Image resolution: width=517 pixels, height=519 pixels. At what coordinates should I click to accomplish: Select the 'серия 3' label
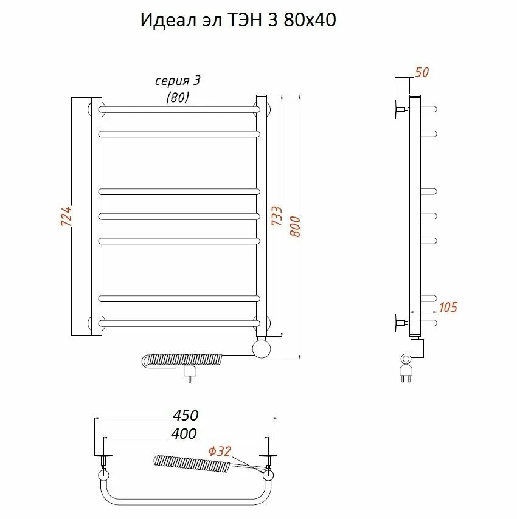(x=178, y=81)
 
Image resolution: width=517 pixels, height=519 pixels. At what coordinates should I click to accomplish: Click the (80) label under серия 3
(x=178, y=97)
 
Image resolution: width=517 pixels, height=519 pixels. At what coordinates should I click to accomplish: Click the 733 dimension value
(x=277, y=217)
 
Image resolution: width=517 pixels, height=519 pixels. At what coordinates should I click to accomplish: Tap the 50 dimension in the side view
(x=422, y=72)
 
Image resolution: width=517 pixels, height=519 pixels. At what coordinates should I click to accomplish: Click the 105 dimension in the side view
(x=448, y=308)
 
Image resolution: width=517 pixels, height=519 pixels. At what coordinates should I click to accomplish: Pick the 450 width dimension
(x=186, y=416)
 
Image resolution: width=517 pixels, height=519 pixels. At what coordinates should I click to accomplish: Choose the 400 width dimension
(x=184, y=433)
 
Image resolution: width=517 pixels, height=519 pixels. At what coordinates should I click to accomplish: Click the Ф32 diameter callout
(x=220, y=451)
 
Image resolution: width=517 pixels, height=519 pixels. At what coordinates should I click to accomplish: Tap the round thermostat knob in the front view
(x=263, y=349)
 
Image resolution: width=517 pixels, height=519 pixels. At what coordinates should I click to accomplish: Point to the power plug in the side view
(x=406, y=369)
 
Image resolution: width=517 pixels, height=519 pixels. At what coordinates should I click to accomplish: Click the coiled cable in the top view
(x=192, y=465)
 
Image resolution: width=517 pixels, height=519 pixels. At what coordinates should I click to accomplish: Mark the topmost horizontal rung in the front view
(x=179, y=110)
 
